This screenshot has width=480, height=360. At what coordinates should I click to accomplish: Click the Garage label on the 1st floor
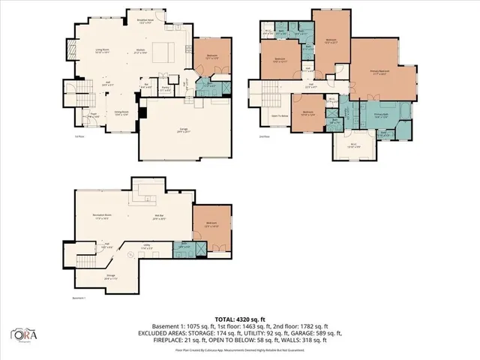[183, 130]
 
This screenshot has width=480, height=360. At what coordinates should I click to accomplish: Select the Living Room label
[103, 51]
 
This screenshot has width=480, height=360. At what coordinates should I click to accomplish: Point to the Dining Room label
[121, 113]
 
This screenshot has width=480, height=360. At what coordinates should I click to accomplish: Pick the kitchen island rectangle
[163, 52]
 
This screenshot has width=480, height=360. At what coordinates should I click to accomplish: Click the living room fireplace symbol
[72, 49]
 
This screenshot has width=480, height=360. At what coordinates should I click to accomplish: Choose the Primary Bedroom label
[380, 72]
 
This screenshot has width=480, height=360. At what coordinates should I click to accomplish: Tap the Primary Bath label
[381, 115]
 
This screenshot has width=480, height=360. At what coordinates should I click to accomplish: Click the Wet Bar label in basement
[158, 218]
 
